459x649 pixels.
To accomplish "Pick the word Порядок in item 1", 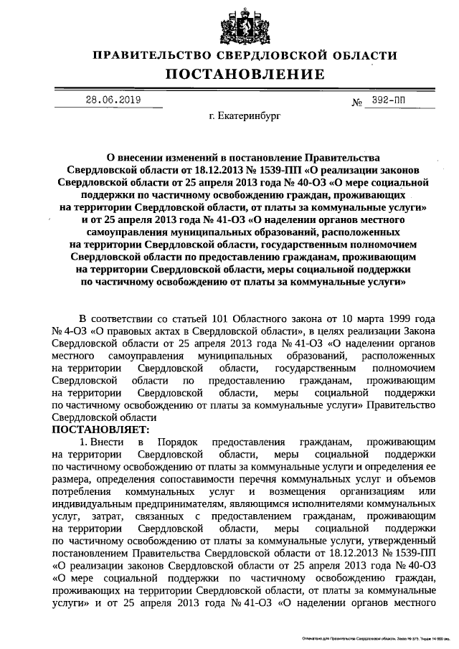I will [x=175, y=442].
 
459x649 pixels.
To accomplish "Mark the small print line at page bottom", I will [x=372, y=637].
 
